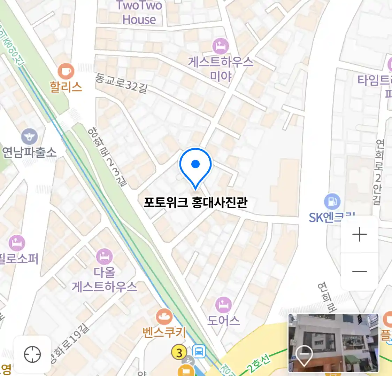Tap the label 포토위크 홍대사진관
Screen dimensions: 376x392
pyautogui.click(x=195, y=202)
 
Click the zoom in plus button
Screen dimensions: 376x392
pyautogui.click(x=360, y=235)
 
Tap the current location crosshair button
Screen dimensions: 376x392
pyautogui.click(x=32, y=354)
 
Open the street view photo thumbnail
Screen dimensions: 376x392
pyautogui.click(x=333, y=343)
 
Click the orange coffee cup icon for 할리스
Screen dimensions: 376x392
pyautogui.click(x=66, y=72)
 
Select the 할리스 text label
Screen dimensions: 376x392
pyautogui.click(x=66, y=87)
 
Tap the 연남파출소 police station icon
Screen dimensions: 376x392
pyautogui.click(x=29, y=136)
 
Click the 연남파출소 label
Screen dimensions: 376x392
pyautogui.click(x=29, y=152)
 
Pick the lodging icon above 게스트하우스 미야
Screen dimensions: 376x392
pyautogui.click(x=221, y=46)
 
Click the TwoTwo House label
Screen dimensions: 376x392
pyautogui.click(x=139, y=13)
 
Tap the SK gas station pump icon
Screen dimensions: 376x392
pyautogui.click(x=332, y=201)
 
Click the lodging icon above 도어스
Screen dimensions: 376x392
pyautogui.click(x=223, y=305)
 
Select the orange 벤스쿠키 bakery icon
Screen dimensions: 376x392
pyautogui.click(x=164, y=317)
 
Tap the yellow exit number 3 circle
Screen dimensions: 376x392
pyautogui.click(x=179, y=353)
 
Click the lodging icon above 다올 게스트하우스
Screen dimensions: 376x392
pyautogui.click(x=104, y=257)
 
